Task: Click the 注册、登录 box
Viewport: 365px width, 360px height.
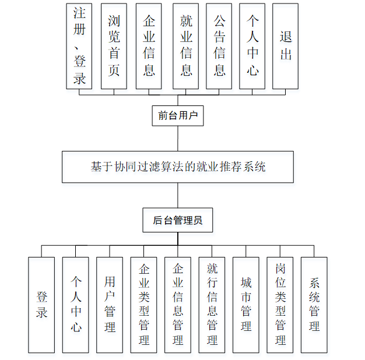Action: (x=80, y=46)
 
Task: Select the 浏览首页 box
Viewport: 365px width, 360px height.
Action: (x=114, y=46)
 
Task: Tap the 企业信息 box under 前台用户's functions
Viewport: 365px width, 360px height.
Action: (x=149, y=46)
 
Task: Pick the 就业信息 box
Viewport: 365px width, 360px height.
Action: (x=186, y=46)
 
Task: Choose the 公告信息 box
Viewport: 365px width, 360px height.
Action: (x=219, y=46)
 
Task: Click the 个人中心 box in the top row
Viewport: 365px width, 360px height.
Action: (x=252, y=46)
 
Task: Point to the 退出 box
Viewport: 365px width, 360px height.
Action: (x=286, y=46)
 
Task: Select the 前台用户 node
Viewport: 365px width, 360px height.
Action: (x=178, y=115)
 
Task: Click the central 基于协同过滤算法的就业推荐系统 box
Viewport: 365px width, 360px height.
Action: (x=178, y=167)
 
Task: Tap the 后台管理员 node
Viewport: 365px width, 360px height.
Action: (x=178, y=220)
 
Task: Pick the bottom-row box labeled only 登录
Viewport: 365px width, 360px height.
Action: (x=41, y=305)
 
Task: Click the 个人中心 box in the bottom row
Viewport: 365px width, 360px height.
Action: (x=76, y=305)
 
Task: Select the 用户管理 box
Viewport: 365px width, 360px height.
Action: (x=110, y=305)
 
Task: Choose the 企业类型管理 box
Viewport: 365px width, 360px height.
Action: (x=143, y=305)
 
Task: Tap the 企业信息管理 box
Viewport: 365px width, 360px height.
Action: (x=178, y=305)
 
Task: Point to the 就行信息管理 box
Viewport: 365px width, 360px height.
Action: (x=212, y=305)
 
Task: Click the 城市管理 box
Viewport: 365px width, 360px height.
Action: (x=246, y=305)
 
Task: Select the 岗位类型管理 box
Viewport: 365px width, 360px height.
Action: (x=280, y=305)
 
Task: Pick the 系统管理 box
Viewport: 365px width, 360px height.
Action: (x=314, y=305)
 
